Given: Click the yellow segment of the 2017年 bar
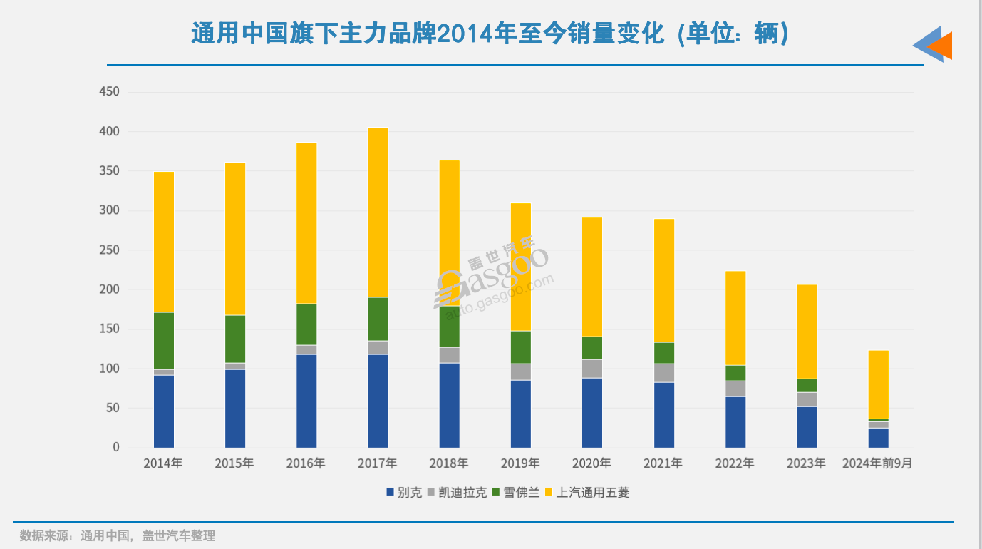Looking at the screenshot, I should tap(378, 212).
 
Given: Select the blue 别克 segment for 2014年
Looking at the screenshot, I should tap(164, 411).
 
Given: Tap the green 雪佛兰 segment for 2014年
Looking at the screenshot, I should tap(164, 340).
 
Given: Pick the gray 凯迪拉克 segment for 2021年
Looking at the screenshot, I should tap(664, 372).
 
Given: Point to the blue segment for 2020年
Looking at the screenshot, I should tap(592, 412).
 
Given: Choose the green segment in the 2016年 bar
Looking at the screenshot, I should tap(306, 324).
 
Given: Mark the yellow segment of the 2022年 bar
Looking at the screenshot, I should tap(735, 317).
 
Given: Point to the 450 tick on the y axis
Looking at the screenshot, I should tap(109, 92).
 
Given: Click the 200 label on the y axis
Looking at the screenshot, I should tap(109, 289).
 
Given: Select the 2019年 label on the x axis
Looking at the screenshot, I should tap(520, 463).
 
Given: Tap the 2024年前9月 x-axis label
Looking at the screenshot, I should tap(877, 463).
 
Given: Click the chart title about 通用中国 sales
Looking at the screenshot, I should tap(490, 34).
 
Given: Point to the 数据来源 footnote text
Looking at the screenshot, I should tap(117, 535).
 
